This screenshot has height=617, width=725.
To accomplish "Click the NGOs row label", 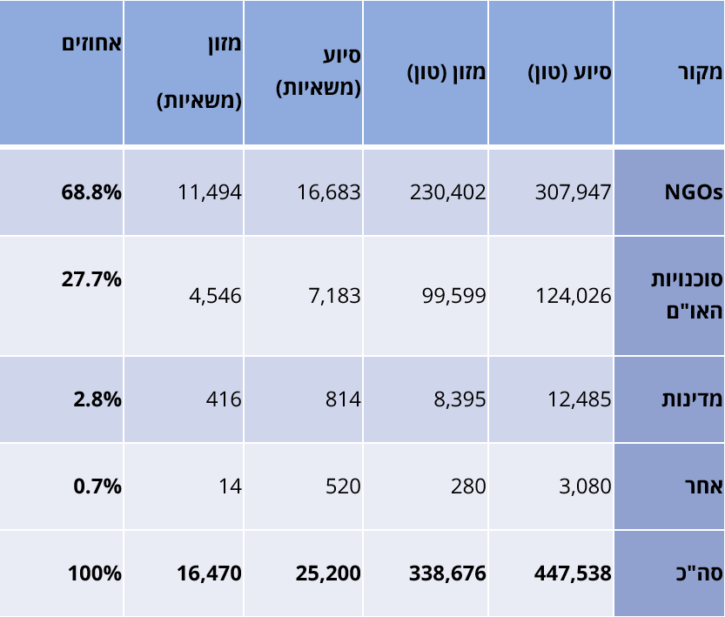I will (x=693, y=192).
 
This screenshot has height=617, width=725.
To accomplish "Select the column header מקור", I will (x=698, y=72).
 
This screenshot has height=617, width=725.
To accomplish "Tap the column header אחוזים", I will (x=91, y=44).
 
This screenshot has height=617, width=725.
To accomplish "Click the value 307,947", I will (x=573, y=192).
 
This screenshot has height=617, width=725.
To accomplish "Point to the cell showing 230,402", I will (x=448, y=192).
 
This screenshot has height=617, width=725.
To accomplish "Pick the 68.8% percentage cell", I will (x=91, y=192).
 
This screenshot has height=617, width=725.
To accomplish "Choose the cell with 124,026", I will (x=573, y=296).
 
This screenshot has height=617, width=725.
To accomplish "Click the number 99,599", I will (x=453, y=296).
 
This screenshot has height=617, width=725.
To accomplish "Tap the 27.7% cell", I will (x=91, y=280).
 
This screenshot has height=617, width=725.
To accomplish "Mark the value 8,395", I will (x=460, y=399).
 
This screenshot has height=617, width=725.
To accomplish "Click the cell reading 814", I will (x=343, y=399).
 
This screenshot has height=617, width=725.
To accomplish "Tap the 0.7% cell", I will (x=97, y=486).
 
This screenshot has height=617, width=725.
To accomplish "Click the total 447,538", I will (x=572, y=573).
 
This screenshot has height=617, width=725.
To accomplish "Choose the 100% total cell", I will (x=95, y=573).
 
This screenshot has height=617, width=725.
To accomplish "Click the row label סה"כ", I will (x=701, y=573).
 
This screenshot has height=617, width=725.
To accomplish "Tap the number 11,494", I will (x=209, y=192).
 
